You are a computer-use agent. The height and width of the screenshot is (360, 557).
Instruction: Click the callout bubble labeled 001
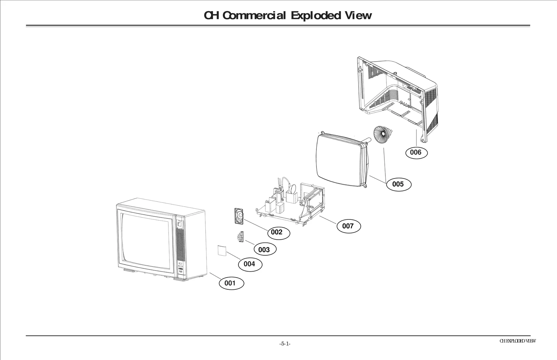[232, 283]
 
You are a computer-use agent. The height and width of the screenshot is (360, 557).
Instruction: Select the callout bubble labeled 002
[277, 232]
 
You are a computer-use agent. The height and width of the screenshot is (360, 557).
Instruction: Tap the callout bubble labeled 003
[264, 249]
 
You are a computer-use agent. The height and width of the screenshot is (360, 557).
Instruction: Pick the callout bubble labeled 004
[250, 264]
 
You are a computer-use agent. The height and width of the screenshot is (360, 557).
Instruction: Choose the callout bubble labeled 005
[398, 184]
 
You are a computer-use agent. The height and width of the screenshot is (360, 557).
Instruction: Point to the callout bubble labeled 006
[415, 152]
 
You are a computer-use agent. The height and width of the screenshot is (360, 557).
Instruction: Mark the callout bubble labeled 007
[348, 226]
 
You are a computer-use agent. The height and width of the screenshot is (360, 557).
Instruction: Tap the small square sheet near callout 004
[221, 250]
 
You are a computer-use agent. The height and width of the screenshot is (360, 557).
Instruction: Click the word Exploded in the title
[315, 15]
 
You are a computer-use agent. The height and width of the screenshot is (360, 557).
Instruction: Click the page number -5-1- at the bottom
[285, 344]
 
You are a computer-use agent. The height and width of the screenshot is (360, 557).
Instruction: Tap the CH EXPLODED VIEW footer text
[517, 341]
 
